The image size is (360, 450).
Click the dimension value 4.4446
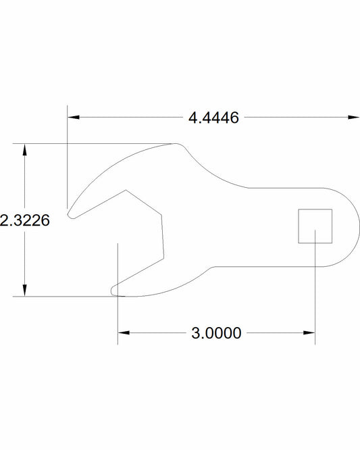pyautogui.click(x=213, y=118)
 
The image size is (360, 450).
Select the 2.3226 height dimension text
pyautogui.click(x=25, y=220)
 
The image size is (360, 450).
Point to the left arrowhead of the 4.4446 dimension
pyautogui.click(x=73, y=118)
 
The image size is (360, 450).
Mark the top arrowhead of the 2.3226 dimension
pyautogui.click(x=25, y=148)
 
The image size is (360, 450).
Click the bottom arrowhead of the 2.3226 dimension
pyautogui.click(x=25, y=291)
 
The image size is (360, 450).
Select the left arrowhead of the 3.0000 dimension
pyautogui.click(x=123, y=333)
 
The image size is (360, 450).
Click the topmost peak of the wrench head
pyautogui.click(x=177, y=144)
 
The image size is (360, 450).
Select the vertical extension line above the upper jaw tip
pyautogui.click(x=68, y=155)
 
